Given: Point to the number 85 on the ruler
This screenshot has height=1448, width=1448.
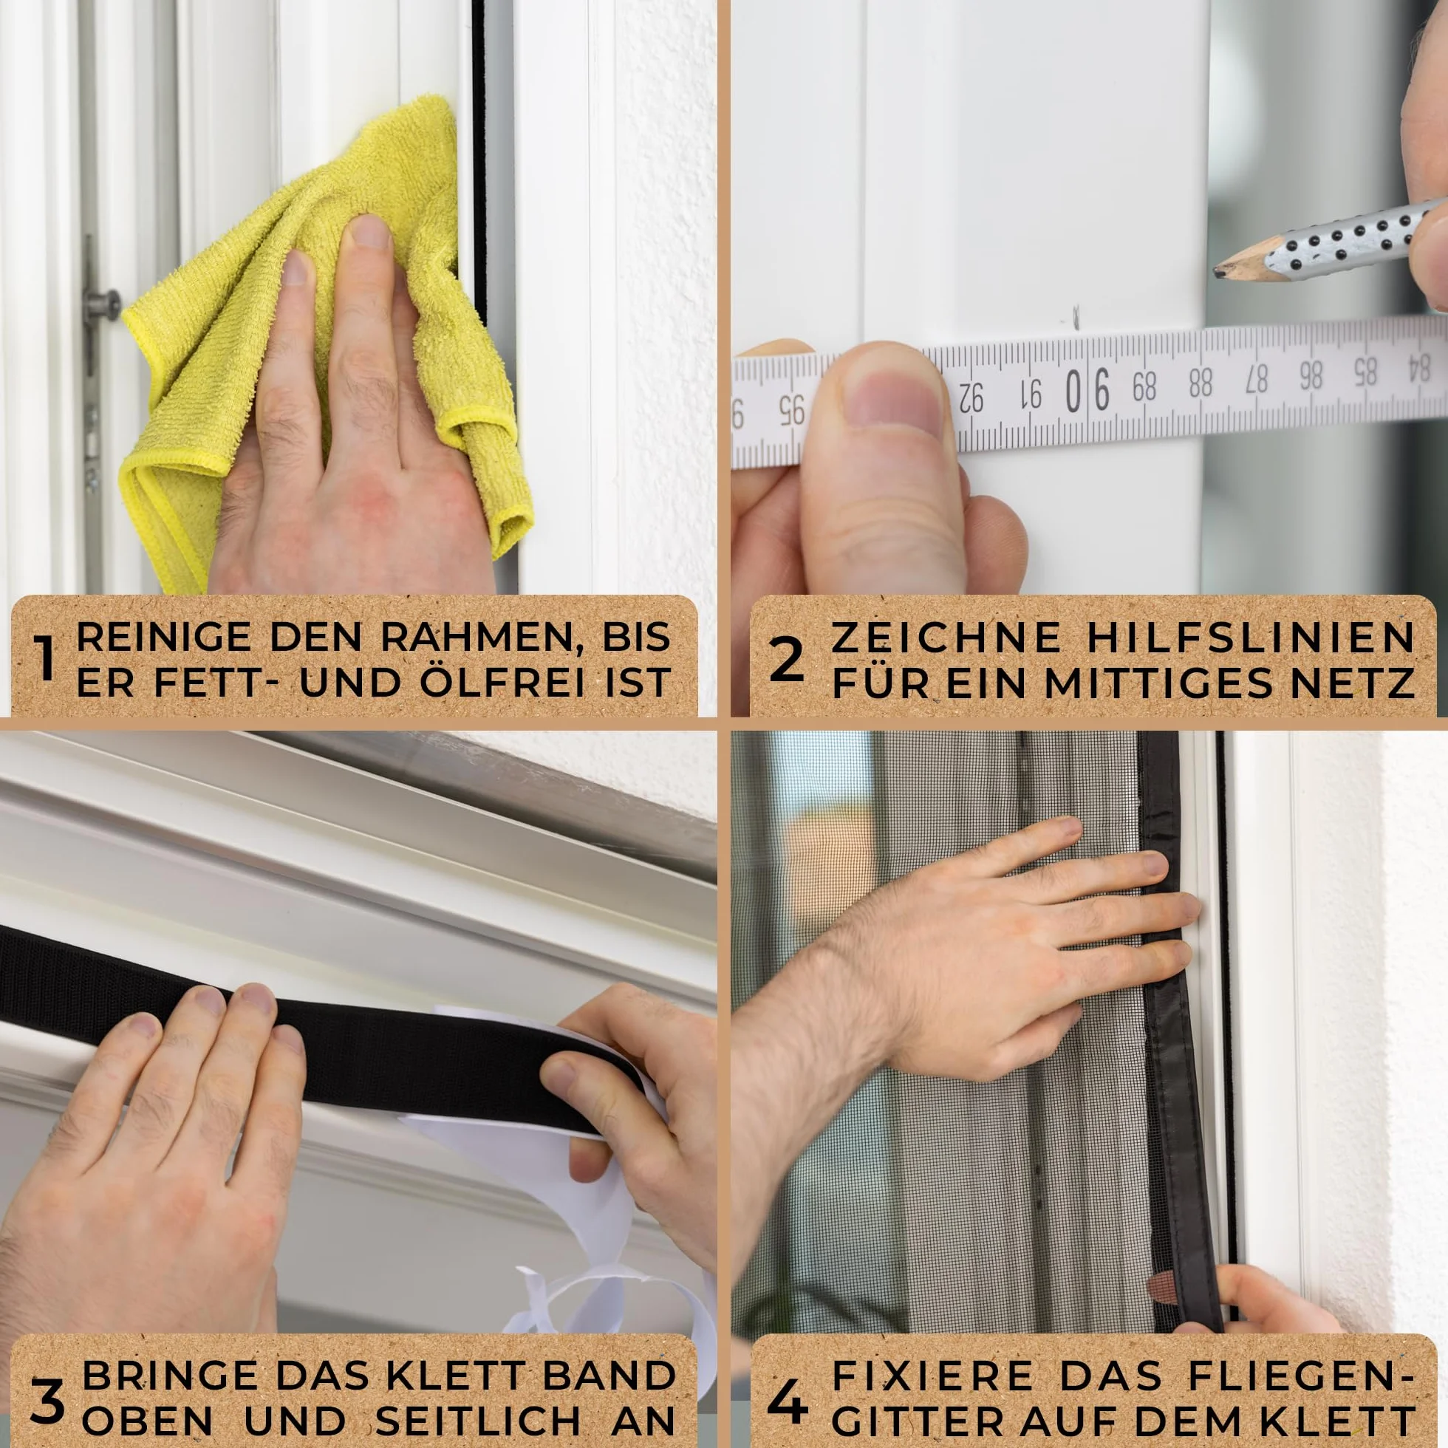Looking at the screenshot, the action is (1365, 372).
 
